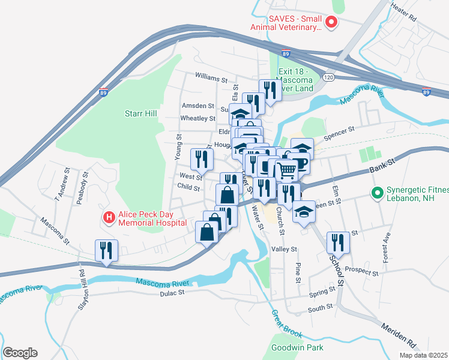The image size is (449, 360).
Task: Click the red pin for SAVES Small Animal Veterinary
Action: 331,23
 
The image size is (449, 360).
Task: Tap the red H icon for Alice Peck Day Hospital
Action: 109,217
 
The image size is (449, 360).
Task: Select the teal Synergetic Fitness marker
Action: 377,193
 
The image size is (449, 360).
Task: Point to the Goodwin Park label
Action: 297,347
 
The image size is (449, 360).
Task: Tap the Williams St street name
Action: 211,79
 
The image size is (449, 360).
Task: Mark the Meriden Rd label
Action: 399,334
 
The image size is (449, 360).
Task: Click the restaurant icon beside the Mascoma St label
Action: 106,250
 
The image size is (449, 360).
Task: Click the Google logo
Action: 20,353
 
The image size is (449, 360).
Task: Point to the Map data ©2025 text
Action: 424,355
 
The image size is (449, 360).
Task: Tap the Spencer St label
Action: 340,128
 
